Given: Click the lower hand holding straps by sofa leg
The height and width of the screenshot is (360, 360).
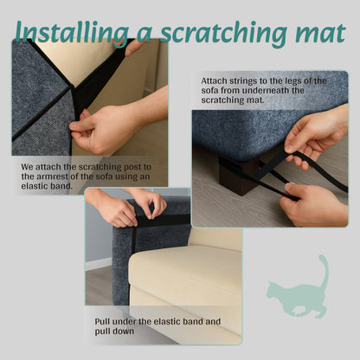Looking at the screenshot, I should pos(312,204).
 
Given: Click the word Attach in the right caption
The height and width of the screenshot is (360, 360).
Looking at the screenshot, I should pos(215,80).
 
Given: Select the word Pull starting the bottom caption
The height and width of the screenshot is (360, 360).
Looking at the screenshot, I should pos(104,321).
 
